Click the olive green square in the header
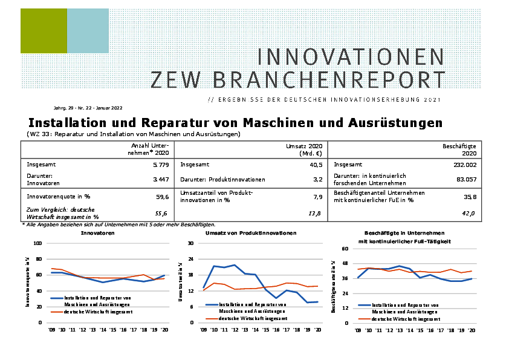click(x=44, y=31)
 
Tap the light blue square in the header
click(x=88, y=31)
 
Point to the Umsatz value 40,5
click(x=313, y=165)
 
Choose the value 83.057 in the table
click(x=465, y=180)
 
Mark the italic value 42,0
click(x=468, y=213)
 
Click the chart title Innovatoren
click(x=98, y=233)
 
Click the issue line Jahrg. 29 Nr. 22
click(x=84, y=107)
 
